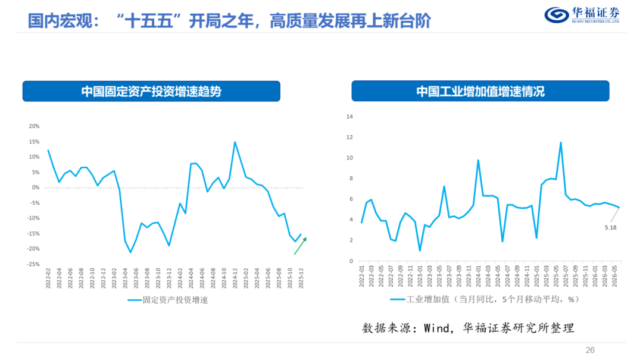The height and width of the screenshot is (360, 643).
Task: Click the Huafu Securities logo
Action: pyautogui.click(x=582, y=15)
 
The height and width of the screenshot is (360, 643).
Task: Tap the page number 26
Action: pyautogui.click(x=589, y=350)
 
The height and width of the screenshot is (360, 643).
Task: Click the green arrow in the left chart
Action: pyautogui.click(x=300, y=246)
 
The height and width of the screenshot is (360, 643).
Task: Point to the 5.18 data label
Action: pyautogui.click(x=610, y=227)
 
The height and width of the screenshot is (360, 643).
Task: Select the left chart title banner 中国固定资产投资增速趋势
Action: pyautogui.click(x=151, y=91)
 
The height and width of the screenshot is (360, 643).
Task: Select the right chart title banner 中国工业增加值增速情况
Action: pyautogui.click(x=480, y=91)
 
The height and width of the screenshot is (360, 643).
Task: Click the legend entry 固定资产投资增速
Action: pyautogui.click(x=168, y=300)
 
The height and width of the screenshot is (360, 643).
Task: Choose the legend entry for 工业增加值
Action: pyautogui.click(x=484, y=299)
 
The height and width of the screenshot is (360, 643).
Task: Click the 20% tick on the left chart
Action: pyautogui.click(x=34, y=126)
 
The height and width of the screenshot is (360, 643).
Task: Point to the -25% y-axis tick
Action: pyautogui.click(x=33, y=264)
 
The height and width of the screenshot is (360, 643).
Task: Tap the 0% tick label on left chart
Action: pyautogui.click(x=35, y=187)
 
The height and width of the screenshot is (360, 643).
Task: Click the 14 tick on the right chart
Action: pyautogui.click(x=349, y=117)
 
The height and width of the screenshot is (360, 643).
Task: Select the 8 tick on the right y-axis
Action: pyautogui.click(x=351, y=179)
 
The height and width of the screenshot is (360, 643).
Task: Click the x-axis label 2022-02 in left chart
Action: pyautogui.click(x=48, y=278)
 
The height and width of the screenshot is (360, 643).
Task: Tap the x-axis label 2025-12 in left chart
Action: pyautogui.click(x=301, y=278)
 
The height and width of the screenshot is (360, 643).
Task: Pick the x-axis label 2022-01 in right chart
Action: pyautogui.click(x=362, y=276)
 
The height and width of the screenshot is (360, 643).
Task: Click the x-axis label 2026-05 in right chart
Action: pyautogui.click(x=614, y=276)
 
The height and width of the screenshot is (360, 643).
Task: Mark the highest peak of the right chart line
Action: pyautogui.click(x=561, y=143)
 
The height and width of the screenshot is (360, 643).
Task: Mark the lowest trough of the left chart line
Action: pyautogui.click(x=130, y=252)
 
